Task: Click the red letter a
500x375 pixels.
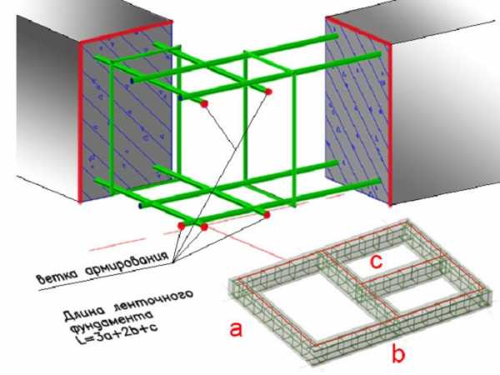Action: point(237,330)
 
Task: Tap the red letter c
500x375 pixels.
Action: point(376,262)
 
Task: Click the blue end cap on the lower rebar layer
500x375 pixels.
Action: point(140,207)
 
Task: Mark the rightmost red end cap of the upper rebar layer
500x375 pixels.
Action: point(268,92)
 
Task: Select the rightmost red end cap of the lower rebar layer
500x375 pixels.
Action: point(267,215)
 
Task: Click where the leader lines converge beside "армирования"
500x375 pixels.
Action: point(173,262)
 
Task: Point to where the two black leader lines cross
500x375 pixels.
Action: point(235,147)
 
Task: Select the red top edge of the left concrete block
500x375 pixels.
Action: point(126,32)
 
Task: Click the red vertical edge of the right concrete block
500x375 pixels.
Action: point(389,124)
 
